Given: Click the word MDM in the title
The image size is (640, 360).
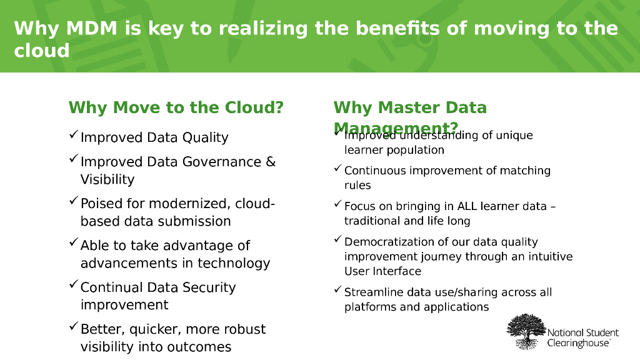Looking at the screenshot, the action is click(x=93, y=29).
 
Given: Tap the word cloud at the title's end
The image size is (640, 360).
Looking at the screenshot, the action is click(x=42, y=51).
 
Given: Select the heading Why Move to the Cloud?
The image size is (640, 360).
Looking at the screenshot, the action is click(x=176, y=107).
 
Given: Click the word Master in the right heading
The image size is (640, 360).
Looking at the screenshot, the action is click(x=407, y=107).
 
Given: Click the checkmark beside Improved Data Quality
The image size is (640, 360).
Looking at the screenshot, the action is click(x=73, y=135).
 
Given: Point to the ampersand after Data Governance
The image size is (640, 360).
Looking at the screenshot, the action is click(x=271, y=162).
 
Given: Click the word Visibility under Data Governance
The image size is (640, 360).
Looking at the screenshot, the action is click(x=107, y=179).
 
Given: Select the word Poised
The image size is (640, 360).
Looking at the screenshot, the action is click(x=101, y=204).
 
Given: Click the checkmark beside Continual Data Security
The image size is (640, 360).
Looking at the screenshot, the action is click(x=73, y=285).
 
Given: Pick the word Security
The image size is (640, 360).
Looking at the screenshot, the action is click(x=208, y=287).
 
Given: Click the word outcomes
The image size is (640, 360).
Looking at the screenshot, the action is click(x=198, y=347).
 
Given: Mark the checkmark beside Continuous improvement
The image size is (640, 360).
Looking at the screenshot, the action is click(x=337, y=168).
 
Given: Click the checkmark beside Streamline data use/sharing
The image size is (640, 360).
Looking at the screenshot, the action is click(x=337, y=290).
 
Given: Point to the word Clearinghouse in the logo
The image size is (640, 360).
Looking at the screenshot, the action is click(x=578, y=343).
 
